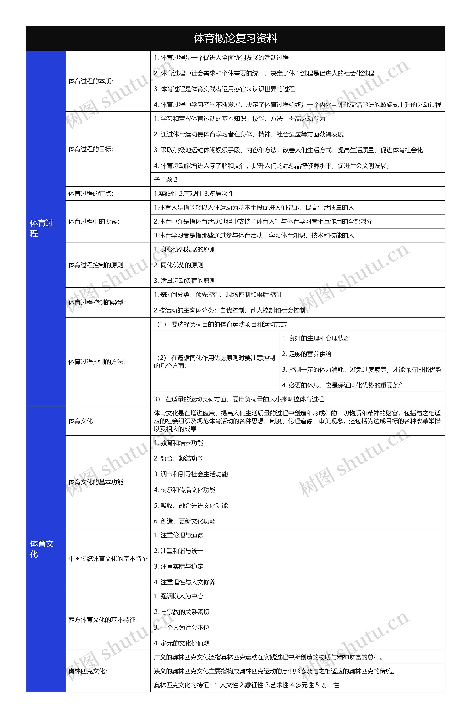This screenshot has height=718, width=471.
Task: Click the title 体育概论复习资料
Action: [x=235, y=38]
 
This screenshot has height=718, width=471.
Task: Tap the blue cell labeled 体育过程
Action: [x=42, y=228]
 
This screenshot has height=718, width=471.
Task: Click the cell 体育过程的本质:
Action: [x=91, y=81]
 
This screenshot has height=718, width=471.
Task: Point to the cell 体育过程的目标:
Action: [x=91, y=149]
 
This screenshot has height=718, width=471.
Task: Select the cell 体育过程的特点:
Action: [x=91, y=194]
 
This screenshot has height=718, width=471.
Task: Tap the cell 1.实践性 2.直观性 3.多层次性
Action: [x=194, y=194]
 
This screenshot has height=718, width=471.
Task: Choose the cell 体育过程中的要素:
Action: [x=94, y=221]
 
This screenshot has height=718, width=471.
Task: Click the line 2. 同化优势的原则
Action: [x=179, y=265]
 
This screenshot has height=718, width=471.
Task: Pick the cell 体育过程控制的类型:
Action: [x=97, y=303]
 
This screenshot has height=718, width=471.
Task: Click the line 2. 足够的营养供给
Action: [x=307, y=354]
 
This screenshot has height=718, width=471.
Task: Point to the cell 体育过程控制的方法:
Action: [x=97, y=362]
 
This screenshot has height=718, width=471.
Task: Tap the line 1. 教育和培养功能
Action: [x=179, y=443]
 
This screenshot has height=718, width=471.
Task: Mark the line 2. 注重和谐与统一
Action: [x=179, y=551]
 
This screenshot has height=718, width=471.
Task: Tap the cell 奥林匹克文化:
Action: [x=88, y=671]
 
